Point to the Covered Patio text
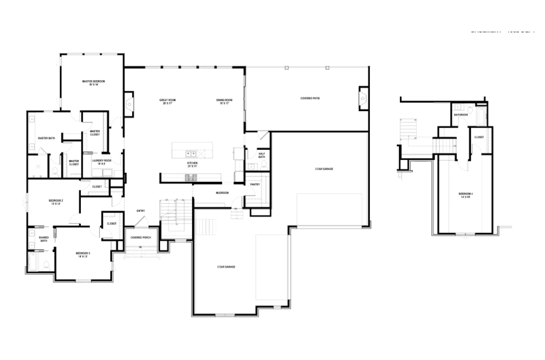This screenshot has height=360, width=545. pyautogui.click(x=310, y=98)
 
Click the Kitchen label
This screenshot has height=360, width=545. pyautogui.click(x=192, y=164)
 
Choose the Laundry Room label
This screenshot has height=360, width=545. pyautogui.click(x=101, y=162)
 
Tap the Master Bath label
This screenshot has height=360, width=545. pyautogui.click(x=47, y=139)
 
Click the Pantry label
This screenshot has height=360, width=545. pyautogui.click(x=255, y=185)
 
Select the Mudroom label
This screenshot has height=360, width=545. pyautogui.click(x=223, y=193)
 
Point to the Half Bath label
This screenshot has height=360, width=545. pyautogui.click(x=262, y=155)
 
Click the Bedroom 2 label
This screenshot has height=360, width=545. pyautogui.click(x=57, y=202)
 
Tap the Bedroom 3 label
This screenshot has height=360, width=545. pyautogui.click(x=82, y=254)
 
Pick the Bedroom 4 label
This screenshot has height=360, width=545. pyautogui.click(x=464, y=195)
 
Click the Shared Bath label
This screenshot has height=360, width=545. pyautogui.click(x=44, y=239)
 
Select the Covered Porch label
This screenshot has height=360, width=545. pyautogui.click(x=141, y=237)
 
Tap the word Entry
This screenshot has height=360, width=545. pyautogui.click(x=141, y=211)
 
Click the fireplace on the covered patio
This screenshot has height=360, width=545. pyautogui.click(x=363, y=98)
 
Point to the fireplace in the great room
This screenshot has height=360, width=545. pyautogui.click(x=128, y=104)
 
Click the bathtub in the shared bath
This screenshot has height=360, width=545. pyautogui.click(x=33, y=262)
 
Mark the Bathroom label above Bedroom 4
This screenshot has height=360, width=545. pyautogui.click(x=461, y=115)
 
